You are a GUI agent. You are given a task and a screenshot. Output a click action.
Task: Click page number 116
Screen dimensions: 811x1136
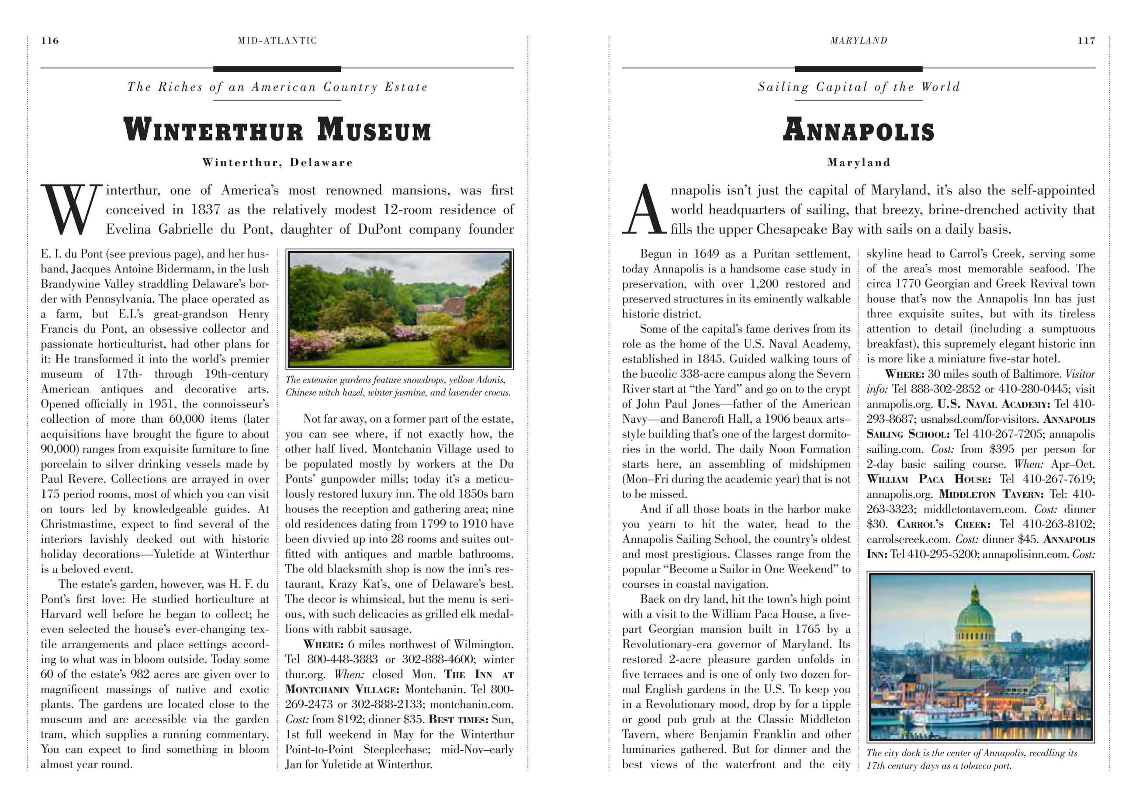(50, 41)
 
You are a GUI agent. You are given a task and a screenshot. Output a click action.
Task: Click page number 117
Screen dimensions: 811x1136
(1086, 41)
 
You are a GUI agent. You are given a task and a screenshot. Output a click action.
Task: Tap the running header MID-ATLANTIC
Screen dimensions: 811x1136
(277, 41)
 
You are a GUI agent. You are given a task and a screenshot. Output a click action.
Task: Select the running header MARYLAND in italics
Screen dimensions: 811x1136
(859, 41)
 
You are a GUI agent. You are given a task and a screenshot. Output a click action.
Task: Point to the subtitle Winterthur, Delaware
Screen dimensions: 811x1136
(277, 162)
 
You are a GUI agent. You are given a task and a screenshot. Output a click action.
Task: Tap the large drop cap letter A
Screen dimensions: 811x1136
(644, 210)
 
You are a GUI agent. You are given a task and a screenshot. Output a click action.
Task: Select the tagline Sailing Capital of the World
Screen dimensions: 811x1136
(859, 87)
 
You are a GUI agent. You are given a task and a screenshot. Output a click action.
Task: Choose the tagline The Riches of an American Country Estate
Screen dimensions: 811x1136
(277, 87)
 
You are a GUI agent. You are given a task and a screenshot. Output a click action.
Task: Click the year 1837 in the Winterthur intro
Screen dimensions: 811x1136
(205, 210)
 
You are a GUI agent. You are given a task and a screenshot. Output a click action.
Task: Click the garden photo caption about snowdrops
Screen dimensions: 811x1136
(398, 386)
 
